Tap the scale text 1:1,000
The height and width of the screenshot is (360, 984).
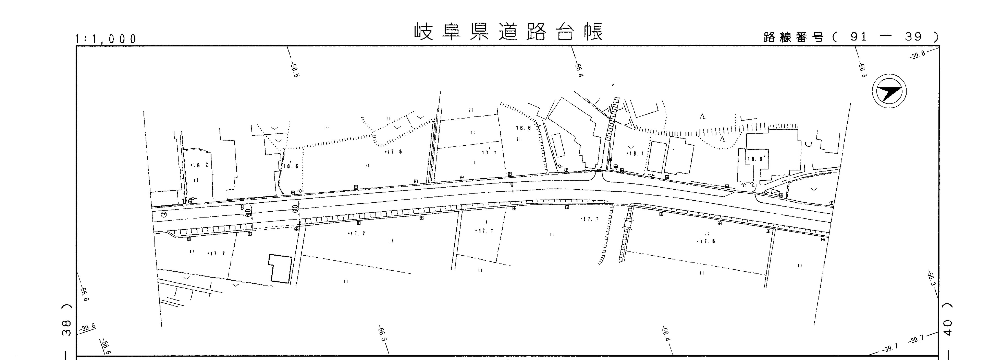click(x=106, y=39)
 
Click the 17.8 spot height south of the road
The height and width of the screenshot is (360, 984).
click(x=706, y=241)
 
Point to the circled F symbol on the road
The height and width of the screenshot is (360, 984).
click(x=164, y=214)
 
